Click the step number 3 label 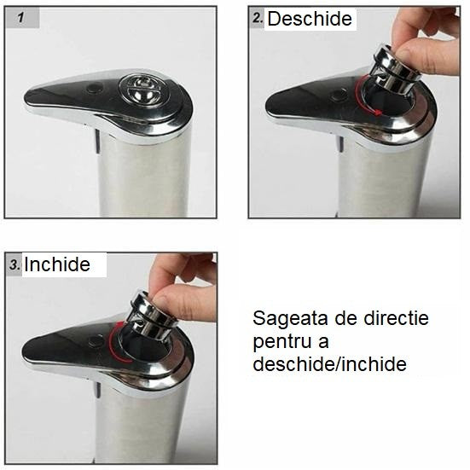point(15,264)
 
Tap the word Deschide point(309,19)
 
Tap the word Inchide point(56,264)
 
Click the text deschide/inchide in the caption point(329,364)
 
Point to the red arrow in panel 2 point(367,96)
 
